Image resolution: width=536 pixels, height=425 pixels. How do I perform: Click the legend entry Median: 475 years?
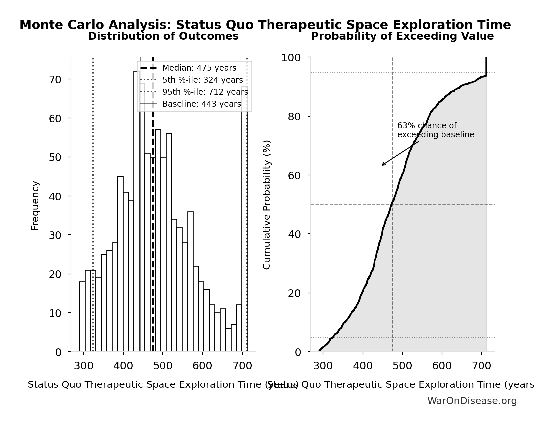(199, 68)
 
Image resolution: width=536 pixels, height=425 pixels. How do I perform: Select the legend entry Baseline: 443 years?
(201, 104)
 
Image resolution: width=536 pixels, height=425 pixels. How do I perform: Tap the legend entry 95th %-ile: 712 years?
(205, 92)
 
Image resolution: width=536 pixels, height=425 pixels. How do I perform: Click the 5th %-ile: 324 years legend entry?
(202, 80)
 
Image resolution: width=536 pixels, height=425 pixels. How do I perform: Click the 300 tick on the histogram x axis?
(84, 366)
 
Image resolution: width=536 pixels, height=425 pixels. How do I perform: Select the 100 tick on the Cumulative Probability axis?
(291, 58)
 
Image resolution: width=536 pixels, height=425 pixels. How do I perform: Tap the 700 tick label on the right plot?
(481, 366)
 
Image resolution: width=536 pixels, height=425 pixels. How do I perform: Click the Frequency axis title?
(35, 205)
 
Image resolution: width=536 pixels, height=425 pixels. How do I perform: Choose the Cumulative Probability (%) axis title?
(267, 205)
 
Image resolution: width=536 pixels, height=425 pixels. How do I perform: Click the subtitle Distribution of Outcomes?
(163, 36)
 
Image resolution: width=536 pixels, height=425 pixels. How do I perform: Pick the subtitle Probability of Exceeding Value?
(402, 36)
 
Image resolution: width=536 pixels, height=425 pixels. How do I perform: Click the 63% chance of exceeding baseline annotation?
(435, 130)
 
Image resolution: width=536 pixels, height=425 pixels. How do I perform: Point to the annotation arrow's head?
(382, 165)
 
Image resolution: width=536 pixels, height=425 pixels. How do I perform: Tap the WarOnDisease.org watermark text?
(472, 401)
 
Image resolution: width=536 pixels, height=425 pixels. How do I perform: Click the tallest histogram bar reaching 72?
(136, 212)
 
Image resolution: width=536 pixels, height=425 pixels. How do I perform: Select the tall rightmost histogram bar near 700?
(244, 219)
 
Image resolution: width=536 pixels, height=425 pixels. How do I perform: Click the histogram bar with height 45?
(120, 264)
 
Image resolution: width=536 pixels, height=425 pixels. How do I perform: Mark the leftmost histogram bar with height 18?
(82, 317)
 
